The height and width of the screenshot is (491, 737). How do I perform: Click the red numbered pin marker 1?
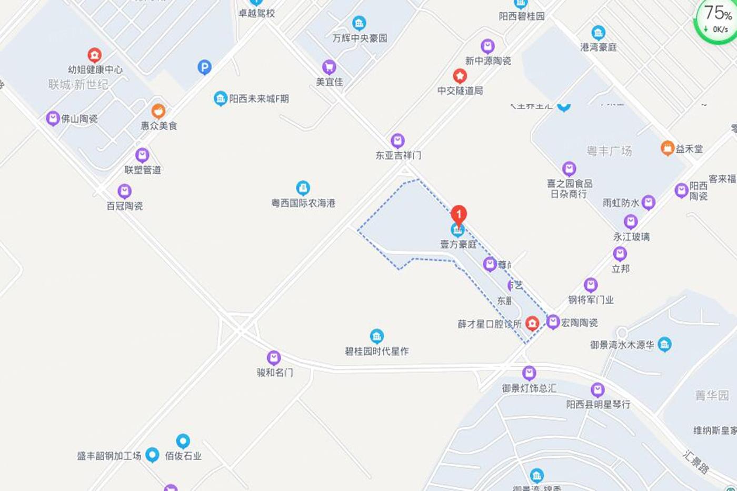tap(459, 214)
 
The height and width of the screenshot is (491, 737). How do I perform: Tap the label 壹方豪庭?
tap(459, 244)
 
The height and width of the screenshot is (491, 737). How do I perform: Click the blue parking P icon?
tap(204, 67)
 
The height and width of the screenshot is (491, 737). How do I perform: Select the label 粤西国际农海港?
tap(303, 203)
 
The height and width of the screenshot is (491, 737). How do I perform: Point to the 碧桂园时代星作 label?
tap(376, 351)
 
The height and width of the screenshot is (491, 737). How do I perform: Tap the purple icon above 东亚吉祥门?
tap(397, 141)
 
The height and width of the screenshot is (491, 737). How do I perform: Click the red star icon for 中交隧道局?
tap(460, 76)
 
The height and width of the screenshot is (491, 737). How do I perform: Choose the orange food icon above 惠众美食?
tap(158, 112)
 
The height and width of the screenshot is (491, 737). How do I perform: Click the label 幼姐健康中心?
tap(95, 69)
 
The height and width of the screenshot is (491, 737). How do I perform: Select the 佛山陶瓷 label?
tap(79, 119)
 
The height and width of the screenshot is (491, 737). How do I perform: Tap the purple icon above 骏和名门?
tap(274, 358)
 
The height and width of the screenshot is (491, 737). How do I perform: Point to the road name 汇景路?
tap(696, 462)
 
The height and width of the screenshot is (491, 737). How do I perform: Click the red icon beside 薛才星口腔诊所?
tap(532, 323)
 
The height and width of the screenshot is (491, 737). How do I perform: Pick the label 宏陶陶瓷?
tap(579, 323)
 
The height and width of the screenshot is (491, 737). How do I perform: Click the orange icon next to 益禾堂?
tap(668, 148)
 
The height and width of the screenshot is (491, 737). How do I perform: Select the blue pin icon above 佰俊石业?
tap(183, 441)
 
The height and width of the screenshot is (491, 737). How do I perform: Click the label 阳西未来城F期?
tap(258, 98)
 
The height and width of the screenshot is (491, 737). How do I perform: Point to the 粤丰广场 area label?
tap(609, 151)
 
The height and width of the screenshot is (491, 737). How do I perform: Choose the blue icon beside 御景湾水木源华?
tap(664, 345)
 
